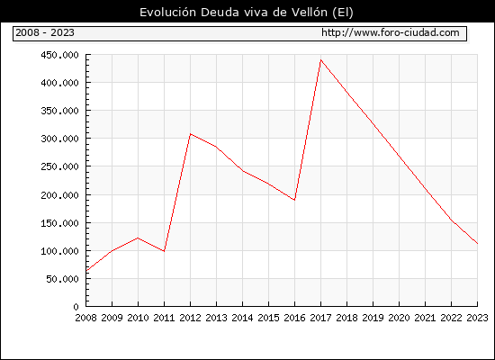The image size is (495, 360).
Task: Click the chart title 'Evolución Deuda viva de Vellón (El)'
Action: coord(247,13)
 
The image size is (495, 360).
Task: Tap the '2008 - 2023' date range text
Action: coord(45,32)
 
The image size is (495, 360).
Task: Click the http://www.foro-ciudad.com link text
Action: coord(391,32)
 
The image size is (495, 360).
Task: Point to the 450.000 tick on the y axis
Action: coord(59,55)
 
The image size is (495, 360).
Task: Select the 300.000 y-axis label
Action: coord(59,139)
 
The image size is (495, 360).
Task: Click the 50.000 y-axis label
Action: coord(62,279)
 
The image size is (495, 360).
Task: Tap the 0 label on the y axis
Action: coord(76,307)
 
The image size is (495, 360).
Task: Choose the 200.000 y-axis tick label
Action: coord(59,195)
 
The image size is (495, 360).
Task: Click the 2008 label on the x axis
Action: coord(85,318)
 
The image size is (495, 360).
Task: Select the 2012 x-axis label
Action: coord(190,318)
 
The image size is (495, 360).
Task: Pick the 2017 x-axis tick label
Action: coord(320,318)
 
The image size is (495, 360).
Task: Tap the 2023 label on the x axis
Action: coord(477,318)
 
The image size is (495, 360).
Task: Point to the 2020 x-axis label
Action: coord(399,318)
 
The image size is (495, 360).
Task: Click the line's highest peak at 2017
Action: coord(320,60)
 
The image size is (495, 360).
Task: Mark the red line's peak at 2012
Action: coord(191,134)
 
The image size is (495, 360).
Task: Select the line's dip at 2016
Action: coord(294,200)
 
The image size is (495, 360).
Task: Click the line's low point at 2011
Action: coord(164,251)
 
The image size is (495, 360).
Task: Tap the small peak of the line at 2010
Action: coord(138,238)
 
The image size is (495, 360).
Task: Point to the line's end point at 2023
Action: coord(477,244)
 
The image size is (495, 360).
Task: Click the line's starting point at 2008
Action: coord(86,271)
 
